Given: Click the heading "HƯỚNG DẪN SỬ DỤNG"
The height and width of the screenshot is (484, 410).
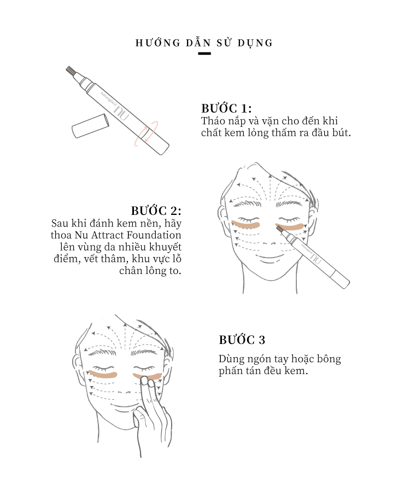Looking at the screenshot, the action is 204,42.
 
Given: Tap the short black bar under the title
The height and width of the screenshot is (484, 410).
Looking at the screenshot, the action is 204,54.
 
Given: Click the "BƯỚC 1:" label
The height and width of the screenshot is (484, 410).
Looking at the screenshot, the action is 226,108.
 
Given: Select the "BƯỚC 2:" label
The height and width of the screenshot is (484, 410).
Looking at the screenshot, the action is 156,211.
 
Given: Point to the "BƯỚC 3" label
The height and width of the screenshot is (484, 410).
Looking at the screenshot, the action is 242,340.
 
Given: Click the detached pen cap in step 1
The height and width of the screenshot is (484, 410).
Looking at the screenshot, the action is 90,126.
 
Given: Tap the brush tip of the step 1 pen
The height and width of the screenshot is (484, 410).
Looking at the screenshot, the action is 71,71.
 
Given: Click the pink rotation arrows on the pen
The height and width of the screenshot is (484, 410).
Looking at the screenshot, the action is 146,133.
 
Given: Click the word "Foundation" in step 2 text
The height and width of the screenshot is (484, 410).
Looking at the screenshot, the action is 154,235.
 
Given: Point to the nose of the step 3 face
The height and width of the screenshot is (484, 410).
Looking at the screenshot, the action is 124,392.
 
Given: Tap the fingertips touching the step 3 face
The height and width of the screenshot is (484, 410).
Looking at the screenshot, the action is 148,382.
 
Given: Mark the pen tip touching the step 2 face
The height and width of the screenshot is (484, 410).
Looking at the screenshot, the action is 279,229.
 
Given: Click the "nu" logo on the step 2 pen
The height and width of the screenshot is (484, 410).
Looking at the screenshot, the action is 315,258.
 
